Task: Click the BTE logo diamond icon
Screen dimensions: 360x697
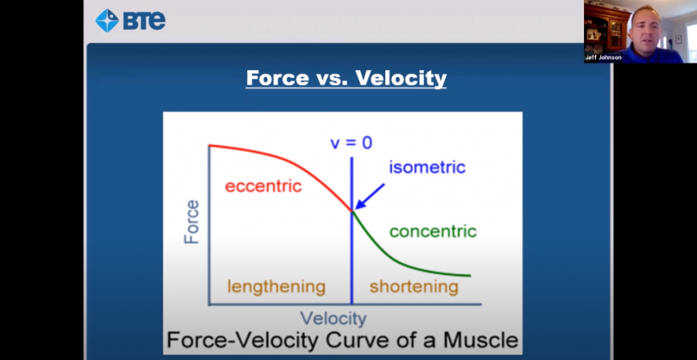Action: coord(107,20)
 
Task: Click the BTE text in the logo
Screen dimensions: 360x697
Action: coord(144,21)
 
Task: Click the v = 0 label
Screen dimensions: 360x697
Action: coord(351,143)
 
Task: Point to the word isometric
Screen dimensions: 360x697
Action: coord(427,167)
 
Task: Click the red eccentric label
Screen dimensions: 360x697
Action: coord(263,186)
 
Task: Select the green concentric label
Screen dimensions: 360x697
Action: coord(432,231)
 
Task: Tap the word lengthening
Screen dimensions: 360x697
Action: coord(276,287)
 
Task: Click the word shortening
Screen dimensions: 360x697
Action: coord(414,287)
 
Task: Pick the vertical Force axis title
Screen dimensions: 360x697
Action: coord(193,222)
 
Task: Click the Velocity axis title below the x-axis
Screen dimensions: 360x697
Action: coord(334,318)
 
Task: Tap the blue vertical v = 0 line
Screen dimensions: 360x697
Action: coord(351,259)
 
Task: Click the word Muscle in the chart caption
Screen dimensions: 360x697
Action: coord(479,340)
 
